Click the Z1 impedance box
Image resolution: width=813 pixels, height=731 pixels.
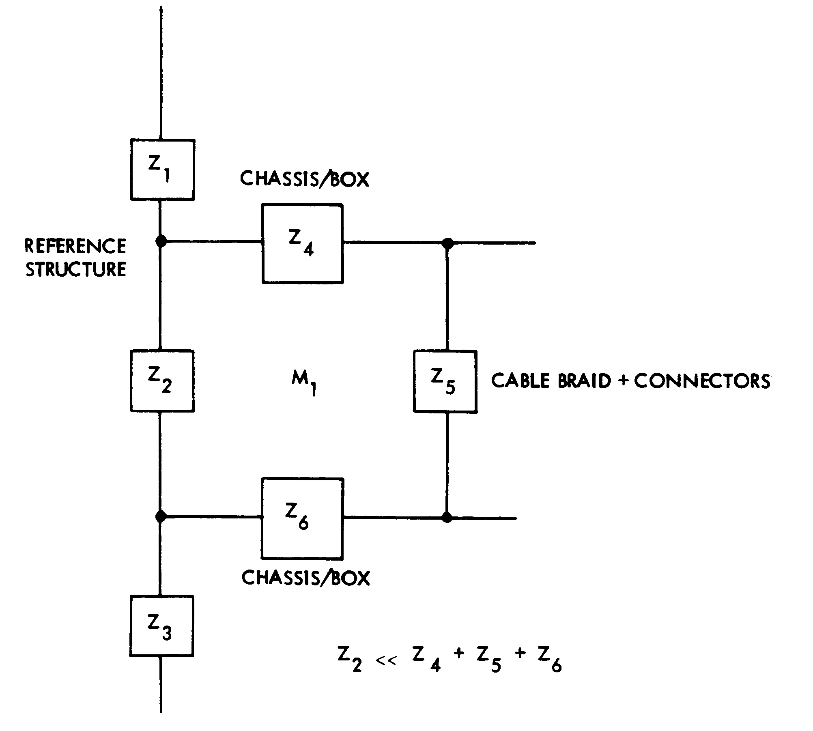[162, 170]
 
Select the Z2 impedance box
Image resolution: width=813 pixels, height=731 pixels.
[162, 381]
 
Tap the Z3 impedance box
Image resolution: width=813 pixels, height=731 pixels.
[161, 626]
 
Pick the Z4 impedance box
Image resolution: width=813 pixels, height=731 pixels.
[302, 243]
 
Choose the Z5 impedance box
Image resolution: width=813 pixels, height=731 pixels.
[445, 381]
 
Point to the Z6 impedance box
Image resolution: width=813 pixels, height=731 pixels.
[302, 518]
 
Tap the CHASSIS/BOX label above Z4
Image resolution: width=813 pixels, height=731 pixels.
[305, 178]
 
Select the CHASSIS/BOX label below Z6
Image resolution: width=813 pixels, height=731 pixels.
[305, 578]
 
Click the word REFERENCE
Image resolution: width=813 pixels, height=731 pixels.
[76, 246]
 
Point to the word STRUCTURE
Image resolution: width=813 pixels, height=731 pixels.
[76, 269]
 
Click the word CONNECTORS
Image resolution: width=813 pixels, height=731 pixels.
[701, 381]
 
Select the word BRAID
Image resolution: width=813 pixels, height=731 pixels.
[585, 381]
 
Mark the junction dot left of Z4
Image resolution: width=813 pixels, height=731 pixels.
[161, 241]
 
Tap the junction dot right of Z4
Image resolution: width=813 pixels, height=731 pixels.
[447, 243]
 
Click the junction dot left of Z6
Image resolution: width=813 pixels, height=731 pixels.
[161, 516]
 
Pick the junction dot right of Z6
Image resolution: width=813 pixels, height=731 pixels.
[447, 518]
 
